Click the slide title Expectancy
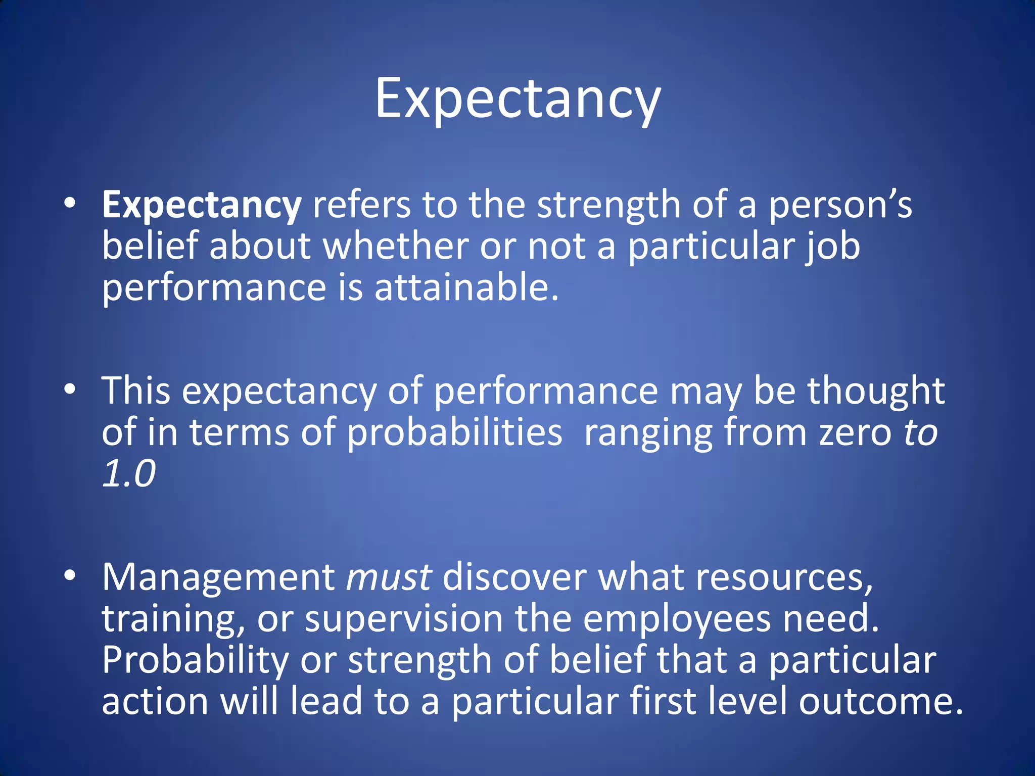coord(517,99)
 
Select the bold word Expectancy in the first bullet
coord(201,206)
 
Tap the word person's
coord(840,206)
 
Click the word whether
coord(395,247)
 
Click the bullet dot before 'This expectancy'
coord(70,389)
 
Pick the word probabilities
coord(454,432)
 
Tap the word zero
coord(855,433)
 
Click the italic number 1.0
coord(129,474)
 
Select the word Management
coord(218,577)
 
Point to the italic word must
coord(389,577)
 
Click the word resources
coord(784,577)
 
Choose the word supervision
coord(403,619)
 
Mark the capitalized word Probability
coord(195,660)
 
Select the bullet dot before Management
coord(70,575)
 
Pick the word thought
coord(876,392)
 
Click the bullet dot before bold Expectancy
coord(70,203)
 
